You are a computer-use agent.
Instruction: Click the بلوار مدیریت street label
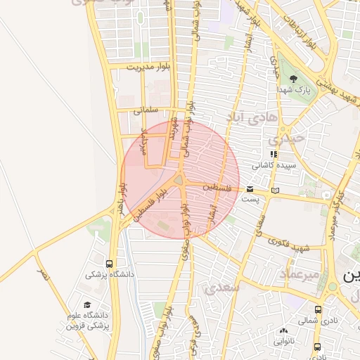(150, 67)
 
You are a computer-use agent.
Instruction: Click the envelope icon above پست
(250, 189)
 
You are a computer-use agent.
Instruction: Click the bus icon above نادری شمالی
(318, 309)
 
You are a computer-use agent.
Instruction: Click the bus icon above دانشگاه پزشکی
(108, 264)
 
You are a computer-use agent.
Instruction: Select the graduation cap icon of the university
(87, 305)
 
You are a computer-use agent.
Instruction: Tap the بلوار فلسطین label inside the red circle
(153, 204)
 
